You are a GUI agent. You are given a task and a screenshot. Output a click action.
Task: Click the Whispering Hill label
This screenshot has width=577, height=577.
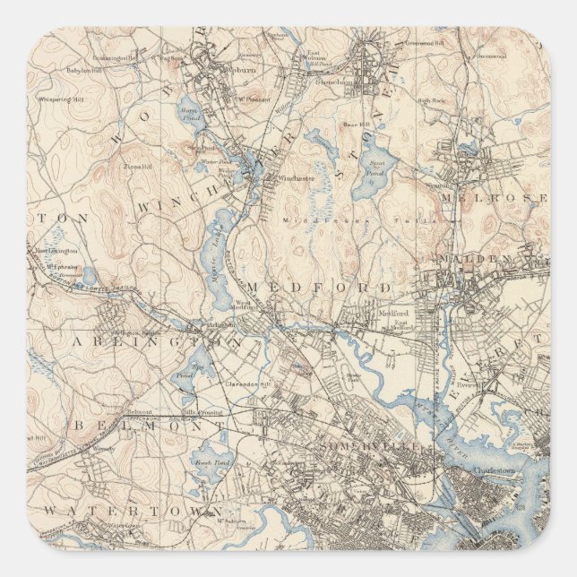[60, 99]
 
